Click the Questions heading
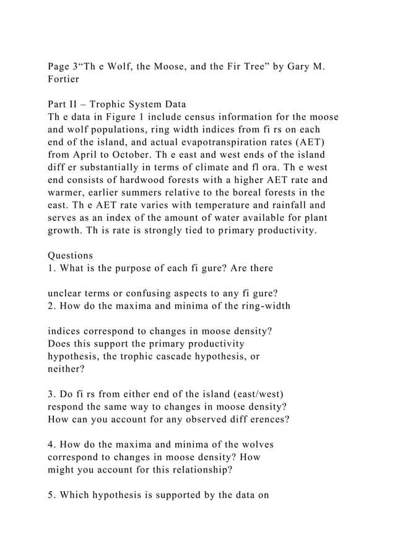coord(71,255)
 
